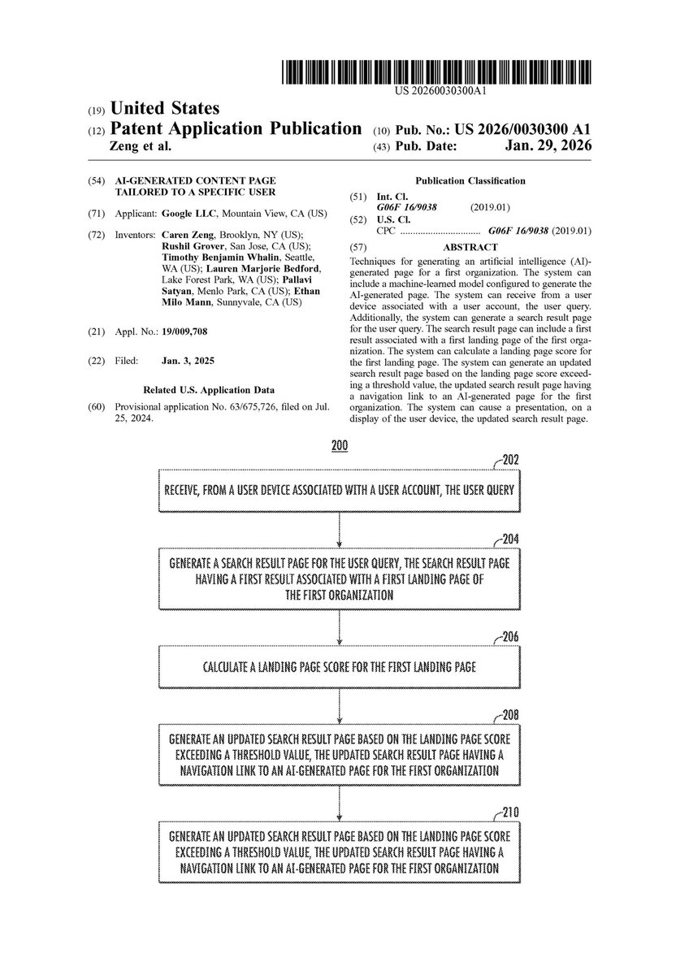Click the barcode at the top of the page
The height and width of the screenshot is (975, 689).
(437, 74)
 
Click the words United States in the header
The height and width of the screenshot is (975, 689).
(164, 108)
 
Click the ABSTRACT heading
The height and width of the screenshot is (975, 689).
(470, 247)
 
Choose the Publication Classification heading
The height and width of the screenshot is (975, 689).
(470, 181)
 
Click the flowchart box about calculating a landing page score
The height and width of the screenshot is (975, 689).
(340, 667)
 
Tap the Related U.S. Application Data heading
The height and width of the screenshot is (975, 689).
(209, 390)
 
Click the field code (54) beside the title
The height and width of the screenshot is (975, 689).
(94, 181)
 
